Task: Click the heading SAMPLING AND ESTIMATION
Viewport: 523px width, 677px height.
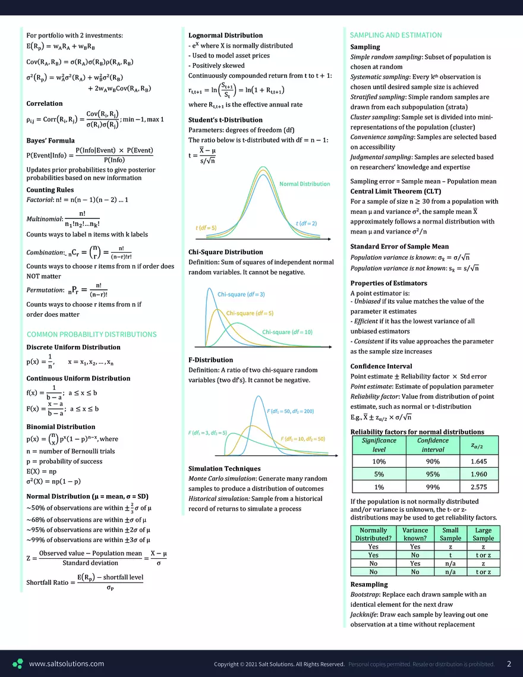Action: [396, 35]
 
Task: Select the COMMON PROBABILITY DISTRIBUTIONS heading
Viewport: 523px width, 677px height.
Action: [92, 334]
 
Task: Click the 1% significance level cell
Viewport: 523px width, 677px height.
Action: [379, 487]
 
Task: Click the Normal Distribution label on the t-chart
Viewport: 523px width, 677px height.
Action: [304, 184]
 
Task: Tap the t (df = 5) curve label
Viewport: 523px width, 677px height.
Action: [206, 228]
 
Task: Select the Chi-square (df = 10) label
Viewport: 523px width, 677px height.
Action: [287, 332]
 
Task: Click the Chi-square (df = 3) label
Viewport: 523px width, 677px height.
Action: [241, 294]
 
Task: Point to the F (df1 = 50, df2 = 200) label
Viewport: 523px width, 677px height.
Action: [291, 411]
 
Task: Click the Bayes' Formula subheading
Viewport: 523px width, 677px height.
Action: [51, 140]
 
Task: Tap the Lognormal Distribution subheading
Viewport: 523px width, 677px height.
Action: [225, 36]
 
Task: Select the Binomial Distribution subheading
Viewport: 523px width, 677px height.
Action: [61, 427]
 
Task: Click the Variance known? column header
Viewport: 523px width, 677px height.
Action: [415, 534]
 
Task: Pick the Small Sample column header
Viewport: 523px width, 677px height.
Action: [450, 534]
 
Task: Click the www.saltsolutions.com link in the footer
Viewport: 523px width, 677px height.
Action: [66, 664]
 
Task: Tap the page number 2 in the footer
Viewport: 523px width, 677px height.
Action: [509, 664]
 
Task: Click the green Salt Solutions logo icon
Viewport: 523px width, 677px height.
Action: [18, 664]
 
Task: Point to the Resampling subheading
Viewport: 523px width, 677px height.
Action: [368, 584]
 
